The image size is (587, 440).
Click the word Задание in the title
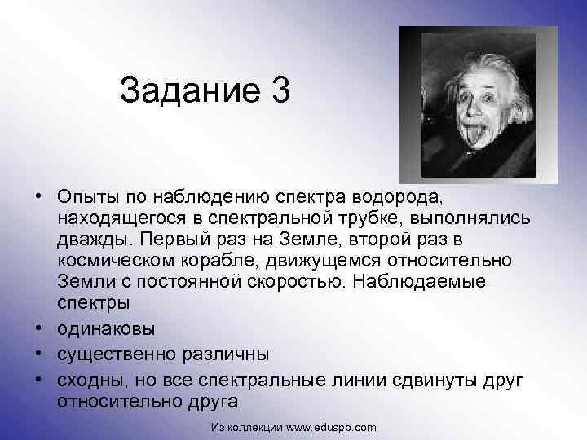pos(185,90)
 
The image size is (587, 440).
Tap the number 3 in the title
pos(279,90)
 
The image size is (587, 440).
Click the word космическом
pos(121,262)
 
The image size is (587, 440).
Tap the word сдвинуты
pos(429,381)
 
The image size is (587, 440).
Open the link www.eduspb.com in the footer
pos(333,427)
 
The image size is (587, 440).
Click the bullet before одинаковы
pos(39,331)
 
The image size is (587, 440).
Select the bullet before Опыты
pos(39,199)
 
